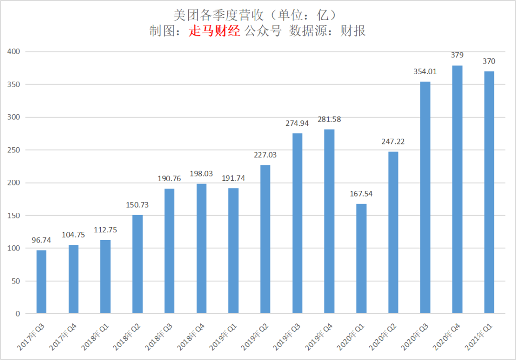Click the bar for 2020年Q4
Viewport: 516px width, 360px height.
[x=457, y=190]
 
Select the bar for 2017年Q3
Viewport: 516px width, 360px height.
[x=42, y=282]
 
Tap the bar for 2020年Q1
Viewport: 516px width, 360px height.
[x=361, y=259]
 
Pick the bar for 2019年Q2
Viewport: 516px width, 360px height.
[x=265, y=239]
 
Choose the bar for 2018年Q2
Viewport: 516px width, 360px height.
[x=138, y=264]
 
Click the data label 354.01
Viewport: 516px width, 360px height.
[x=425, y=72]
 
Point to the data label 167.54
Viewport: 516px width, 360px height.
[x=361, y=194]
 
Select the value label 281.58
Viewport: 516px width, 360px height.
[x=329, y=120]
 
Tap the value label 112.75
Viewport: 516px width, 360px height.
[x=106, y=230]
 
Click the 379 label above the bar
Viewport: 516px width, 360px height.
[x=457, y=55]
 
